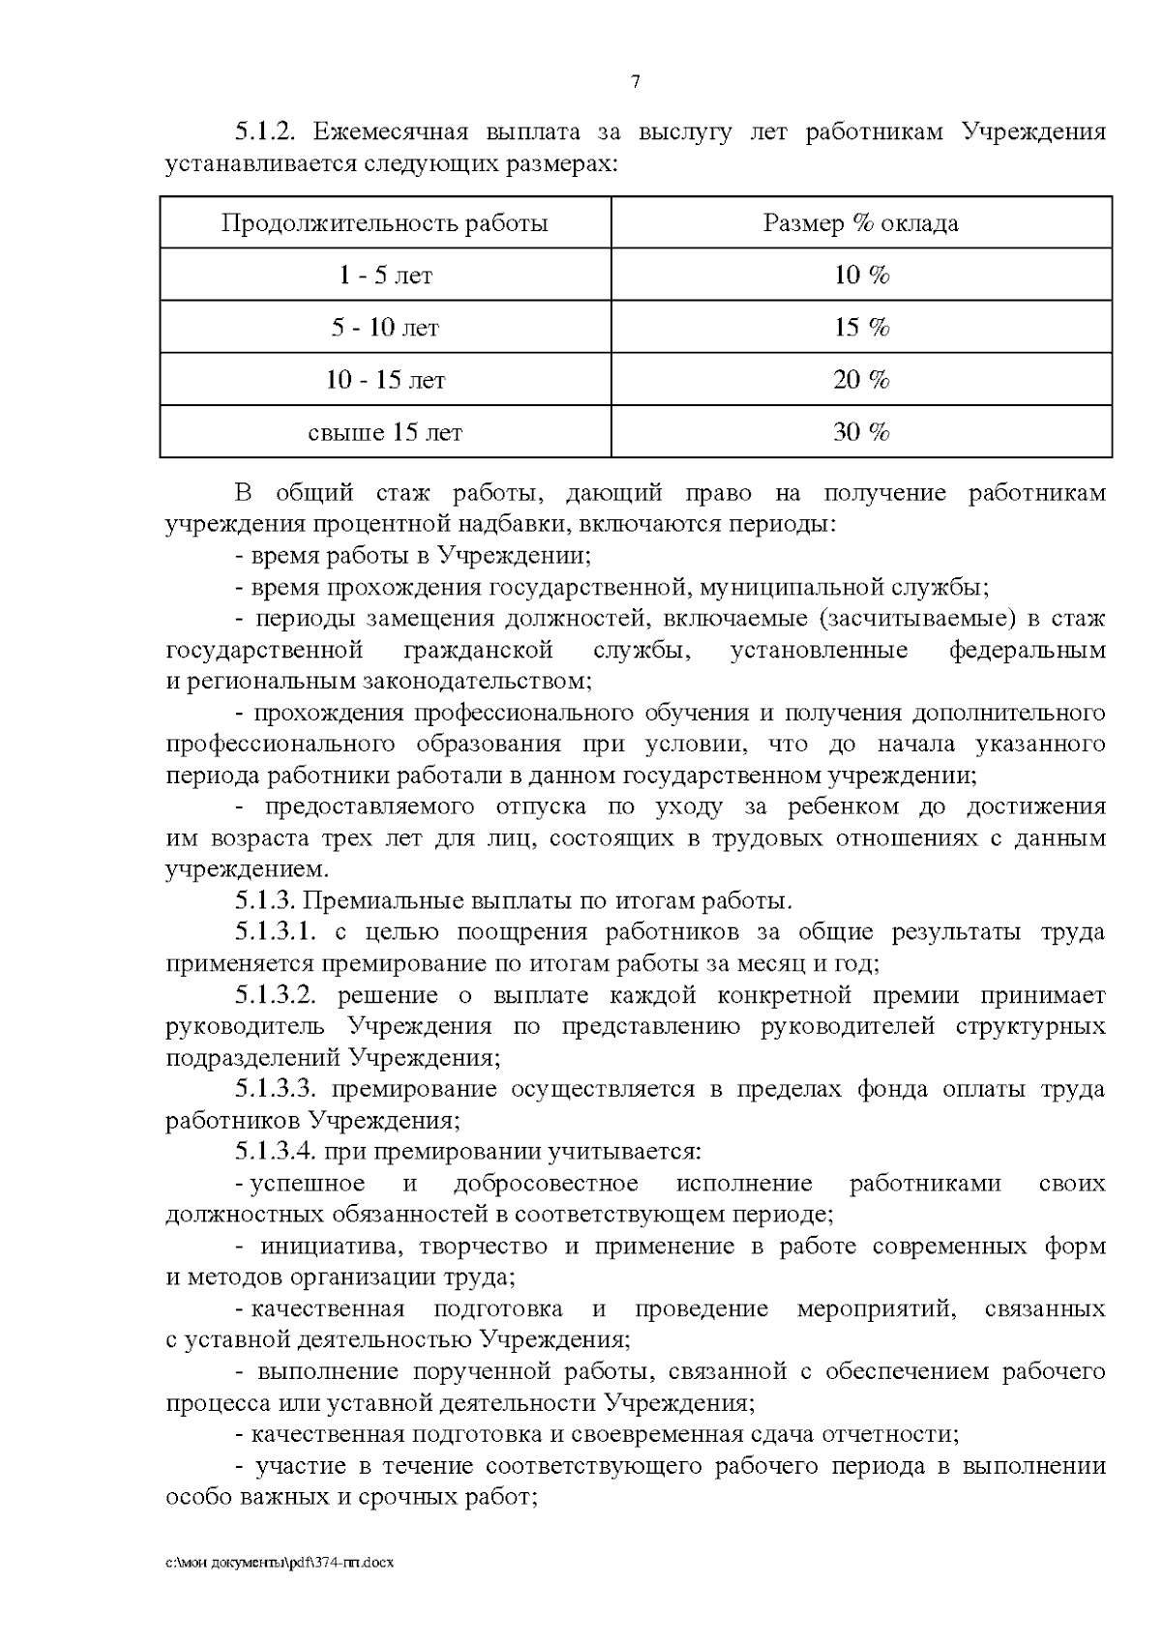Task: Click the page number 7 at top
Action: click(x=636, y=82)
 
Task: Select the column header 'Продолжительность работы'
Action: click(x=385, y=223)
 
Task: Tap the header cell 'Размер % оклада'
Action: click(x=861, y=223)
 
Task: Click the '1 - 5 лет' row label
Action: click(x=385, y=276)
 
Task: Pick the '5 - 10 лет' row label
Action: click(x=385, y=328)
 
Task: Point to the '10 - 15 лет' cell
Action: click(x=385, y=380)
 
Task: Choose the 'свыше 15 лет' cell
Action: click(x=385, y=432)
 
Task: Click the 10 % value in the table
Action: click(x=861, y=276)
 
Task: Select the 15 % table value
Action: click(x=861, y=328)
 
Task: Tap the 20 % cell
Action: click(x=861, y=380)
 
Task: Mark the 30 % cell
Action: click(x=861, y=432)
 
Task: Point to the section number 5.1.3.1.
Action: click(x=276, y=933)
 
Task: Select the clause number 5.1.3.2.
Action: click(x=276, y=996)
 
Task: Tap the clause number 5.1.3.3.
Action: click(x=276, y=1090)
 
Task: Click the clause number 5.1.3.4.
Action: click(x=276, y=1153)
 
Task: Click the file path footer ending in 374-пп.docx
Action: click(x=280, y=1562)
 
